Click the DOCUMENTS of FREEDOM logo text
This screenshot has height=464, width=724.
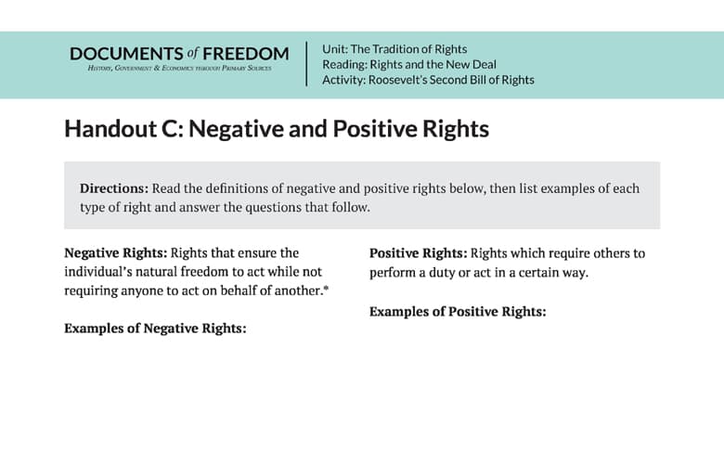(x=178, y=54)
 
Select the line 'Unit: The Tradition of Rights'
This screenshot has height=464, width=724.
(x=394, y=48)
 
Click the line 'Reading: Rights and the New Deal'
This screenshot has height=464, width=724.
(x=409, y=64)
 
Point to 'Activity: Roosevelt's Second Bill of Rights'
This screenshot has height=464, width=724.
(x=428, y=80)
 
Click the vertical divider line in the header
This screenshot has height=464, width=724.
(x=306, y=64)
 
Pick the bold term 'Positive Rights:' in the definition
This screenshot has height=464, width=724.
(x=419, y=252)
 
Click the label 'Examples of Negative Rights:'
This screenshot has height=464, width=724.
(x=155, y=328)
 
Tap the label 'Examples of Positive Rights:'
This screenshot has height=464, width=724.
(x=458, y=311)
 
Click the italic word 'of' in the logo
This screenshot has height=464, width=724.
(x=193, y=54)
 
